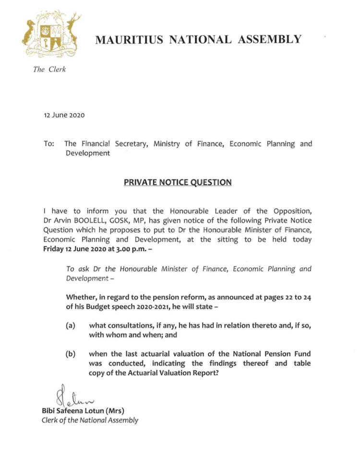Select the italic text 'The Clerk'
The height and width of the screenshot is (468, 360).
49,70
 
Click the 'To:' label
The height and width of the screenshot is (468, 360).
49,143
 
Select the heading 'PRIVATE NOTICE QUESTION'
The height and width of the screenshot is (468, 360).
178,182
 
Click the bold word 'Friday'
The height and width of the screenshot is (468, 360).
53,249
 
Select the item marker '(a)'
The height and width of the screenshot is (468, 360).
71,326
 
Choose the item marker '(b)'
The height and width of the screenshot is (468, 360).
71,354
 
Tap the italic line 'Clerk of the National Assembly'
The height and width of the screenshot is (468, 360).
90,420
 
